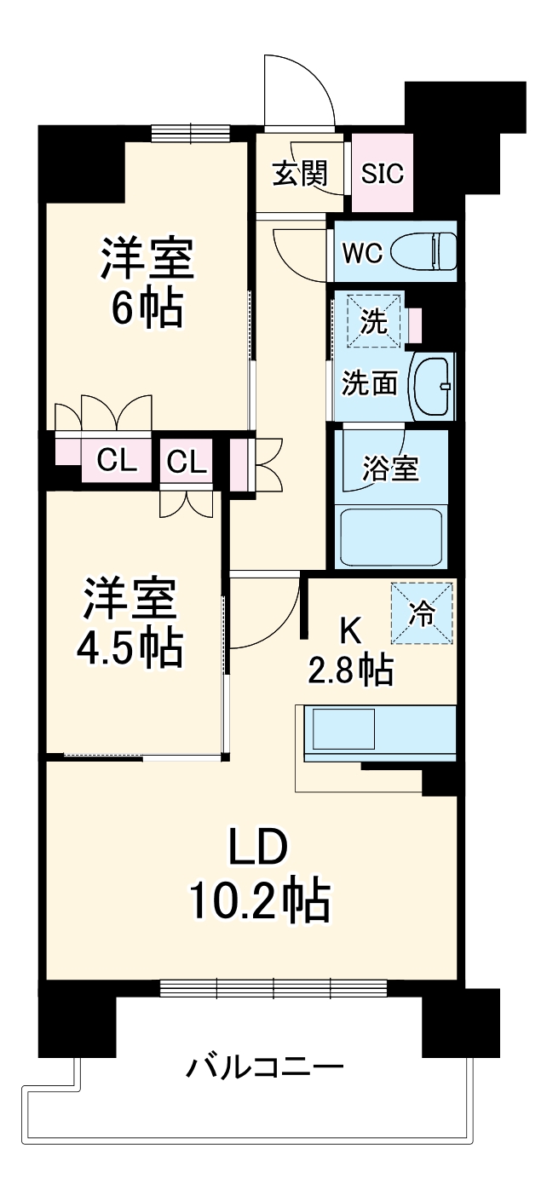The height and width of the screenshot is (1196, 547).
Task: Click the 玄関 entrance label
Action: (x=300, y=174)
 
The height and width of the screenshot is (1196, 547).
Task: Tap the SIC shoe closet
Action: (x=382, y=174)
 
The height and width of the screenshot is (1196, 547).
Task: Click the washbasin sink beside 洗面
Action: (x=433, y=384)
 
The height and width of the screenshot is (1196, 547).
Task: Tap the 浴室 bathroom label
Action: (x=390, y=468)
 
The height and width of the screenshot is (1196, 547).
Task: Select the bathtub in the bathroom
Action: (x=391, y=537)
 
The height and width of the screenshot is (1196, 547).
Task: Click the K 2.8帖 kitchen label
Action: (x=350, y=652)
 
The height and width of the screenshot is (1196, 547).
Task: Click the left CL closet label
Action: (x=117, y=461)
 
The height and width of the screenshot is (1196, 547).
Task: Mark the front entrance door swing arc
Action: (x=302, y=85)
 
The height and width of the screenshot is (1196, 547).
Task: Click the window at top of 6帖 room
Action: (x=192, y=133)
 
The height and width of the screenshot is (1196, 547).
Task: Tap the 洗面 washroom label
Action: (x=370, y=384)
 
